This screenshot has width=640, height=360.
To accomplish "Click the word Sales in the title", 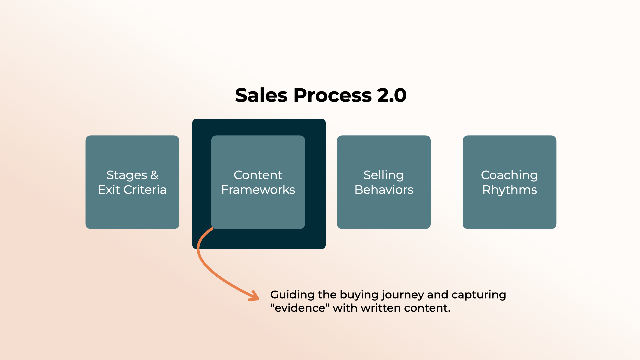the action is (261, 95).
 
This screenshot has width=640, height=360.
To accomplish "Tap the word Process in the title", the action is (332, 95).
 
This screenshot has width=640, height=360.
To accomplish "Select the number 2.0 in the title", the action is (392, 95).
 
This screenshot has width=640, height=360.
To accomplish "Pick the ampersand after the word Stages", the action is (154, 175).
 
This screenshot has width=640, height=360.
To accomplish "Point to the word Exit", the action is (109, 190).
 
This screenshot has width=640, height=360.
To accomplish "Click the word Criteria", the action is (145, 190).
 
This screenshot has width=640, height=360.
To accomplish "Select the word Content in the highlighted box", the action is (258, 175).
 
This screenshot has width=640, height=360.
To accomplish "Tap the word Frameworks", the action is (258, 190).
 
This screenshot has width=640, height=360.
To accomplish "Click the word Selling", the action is (384, 175).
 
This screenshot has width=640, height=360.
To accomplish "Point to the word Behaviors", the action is (384, 190).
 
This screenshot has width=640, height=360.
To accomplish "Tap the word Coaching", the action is (509, 175).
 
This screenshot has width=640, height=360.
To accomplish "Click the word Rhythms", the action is (509, 190).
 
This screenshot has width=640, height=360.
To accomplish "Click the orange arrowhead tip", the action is (258, 299).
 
